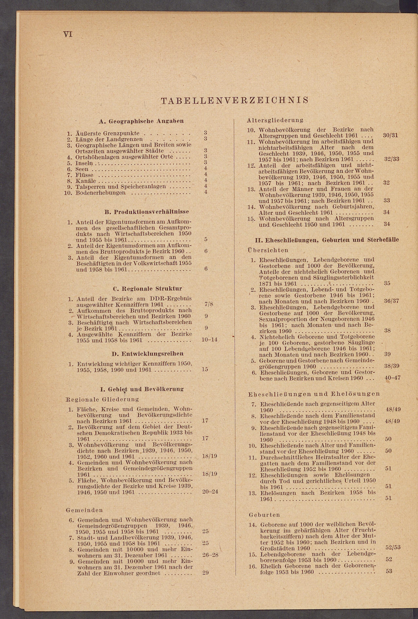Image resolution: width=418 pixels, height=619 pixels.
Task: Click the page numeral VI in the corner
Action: [68, 34]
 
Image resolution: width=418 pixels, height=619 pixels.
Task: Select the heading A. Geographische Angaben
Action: [141, 121]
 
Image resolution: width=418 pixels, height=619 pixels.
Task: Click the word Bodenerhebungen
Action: [101, 192]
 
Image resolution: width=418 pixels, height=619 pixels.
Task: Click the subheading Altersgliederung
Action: [275, 120]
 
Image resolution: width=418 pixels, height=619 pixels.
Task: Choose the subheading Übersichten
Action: [268, 250]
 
